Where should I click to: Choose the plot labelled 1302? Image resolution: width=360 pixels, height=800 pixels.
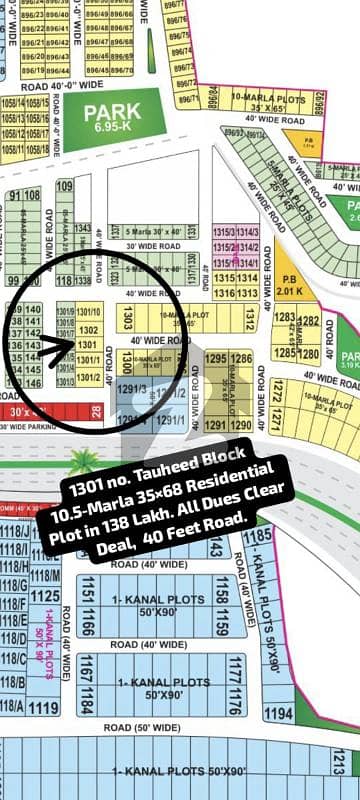coord(89,329)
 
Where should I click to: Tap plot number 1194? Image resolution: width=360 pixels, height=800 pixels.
coord(278,714)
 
